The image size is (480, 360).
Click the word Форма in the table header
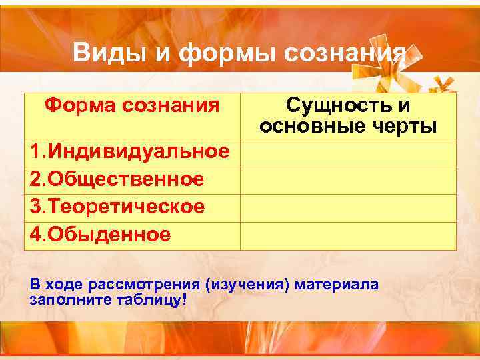click(x=75, y=105)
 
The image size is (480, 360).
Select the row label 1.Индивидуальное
click(x=129, y=153)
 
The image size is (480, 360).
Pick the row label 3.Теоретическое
click(x=117, y=207)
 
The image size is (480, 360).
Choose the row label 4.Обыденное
click(x=100, y=235)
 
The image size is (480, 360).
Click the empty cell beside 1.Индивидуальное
click(x=347, y=153)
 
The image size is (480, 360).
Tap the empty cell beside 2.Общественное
click(x=347, y=180)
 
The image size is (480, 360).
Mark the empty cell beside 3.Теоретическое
click(x=347, y=207)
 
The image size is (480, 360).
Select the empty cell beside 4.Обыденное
click(x=347, y=235)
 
